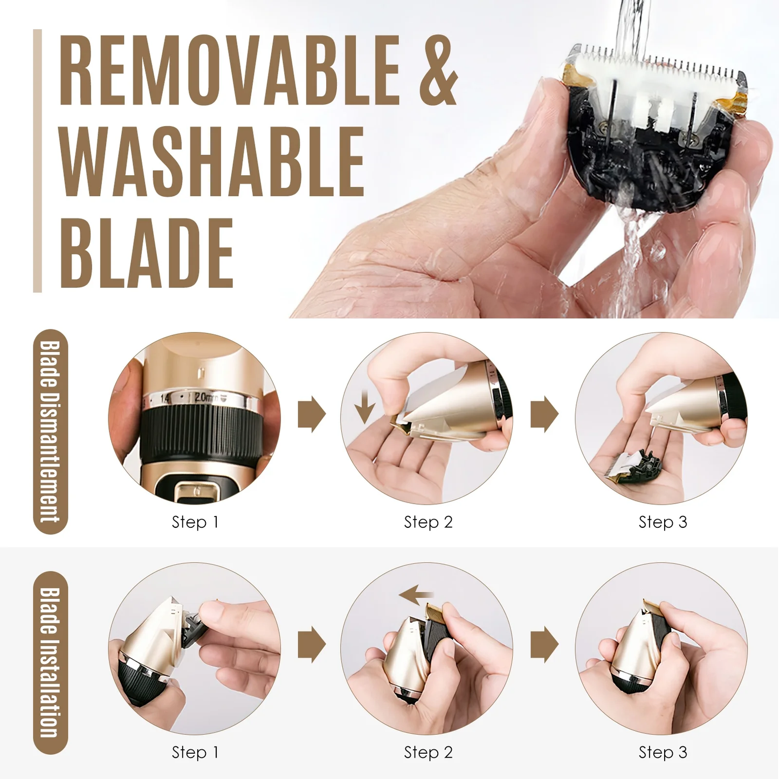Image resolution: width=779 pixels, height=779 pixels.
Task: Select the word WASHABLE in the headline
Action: (x=211, y=162)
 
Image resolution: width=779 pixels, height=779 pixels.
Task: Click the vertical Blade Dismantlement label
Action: (x=50, y=431)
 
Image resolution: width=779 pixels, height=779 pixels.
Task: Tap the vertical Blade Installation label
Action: (x=50, y=662)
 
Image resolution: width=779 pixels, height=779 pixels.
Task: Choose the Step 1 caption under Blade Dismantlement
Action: (x=195, y=522)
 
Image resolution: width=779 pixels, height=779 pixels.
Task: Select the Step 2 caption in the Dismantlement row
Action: (x=428, y=522)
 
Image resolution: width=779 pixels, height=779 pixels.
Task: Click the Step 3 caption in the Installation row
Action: (x=663, y=752)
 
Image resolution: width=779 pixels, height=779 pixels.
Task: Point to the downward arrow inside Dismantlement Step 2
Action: (x=364, y=407)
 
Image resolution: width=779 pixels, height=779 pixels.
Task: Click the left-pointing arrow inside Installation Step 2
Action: (x=416, y=595)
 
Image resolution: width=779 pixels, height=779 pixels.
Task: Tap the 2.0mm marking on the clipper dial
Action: (x=207, y=398)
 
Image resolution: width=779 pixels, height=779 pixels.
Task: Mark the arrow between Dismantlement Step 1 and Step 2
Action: (x=312, y=414)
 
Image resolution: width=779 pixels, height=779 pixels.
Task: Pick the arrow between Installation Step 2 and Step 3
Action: (x=544, y=644)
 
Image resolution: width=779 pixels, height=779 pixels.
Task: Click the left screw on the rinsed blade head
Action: (x=604, y=127)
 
